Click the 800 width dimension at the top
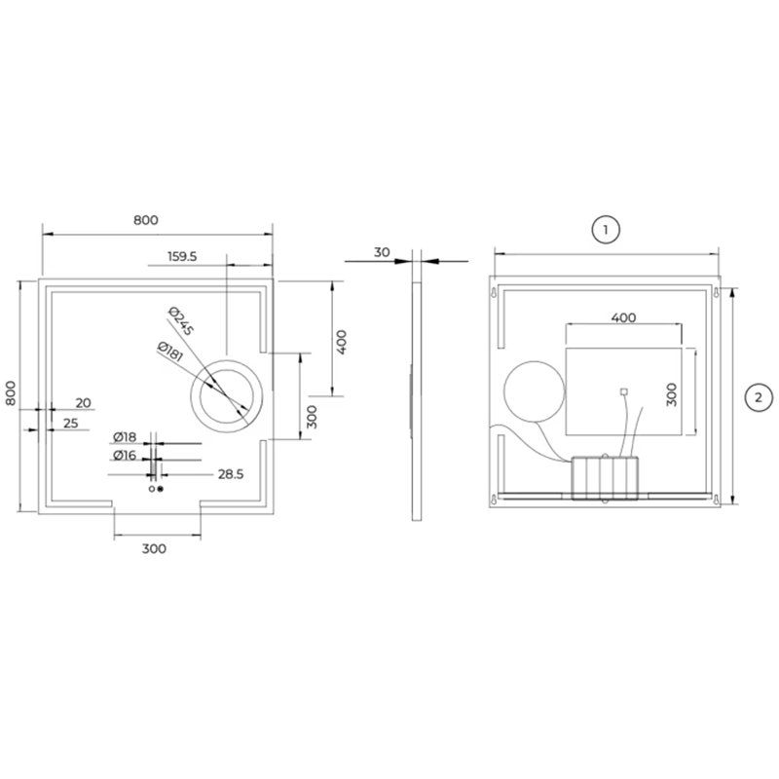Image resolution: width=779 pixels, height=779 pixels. [x=145, y=220]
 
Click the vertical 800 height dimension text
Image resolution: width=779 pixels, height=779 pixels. [x=12, y=393]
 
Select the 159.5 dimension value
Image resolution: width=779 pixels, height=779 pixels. [x=182, y=257]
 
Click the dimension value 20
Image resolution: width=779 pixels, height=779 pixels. [x=83, y=402]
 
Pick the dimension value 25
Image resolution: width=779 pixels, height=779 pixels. [x=71, y=423]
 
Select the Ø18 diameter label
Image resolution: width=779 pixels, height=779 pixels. [x=124, y=437]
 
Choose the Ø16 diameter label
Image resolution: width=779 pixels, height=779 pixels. [x=124, y=455]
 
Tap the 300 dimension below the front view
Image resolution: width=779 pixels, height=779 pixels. [x=154, y=548]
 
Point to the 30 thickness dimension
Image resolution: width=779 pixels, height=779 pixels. [x=382, y=252]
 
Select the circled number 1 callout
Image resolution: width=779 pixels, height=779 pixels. [x=606, y=230]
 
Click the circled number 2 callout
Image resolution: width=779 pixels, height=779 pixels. [x=757, y=396]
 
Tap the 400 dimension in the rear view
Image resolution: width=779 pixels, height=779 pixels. [x=623, y=317]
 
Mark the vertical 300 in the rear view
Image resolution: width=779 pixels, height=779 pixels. [x=671, y=393]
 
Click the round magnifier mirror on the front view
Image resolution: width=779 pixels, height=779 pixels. [x=226, y=393]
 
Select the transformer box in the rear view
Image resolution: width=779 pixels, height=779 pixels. [x=604, y=477]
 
